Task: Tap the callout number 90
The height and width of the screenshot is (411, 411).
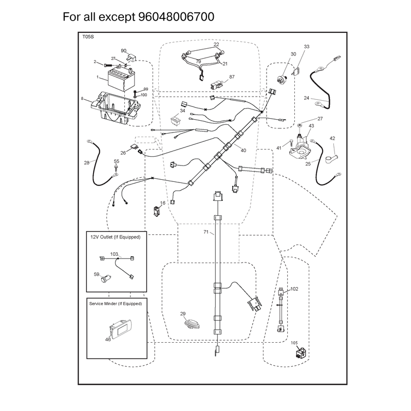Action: (123, 50)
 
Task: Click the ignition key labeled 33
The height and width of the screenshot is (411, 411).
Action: (297, 72)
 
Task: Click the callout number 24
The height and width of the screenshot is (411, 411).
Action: (306, 98)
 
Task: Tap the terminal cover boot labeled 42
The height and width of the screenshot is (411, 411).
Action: (331, 159)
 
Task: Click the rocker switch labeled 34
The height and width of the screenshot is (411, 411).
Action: (176, 120)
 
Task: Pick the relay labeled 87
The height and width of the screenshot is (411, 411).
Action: (216, 85)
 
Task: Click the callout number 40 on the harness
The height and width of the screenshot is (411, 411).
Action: (243, 150)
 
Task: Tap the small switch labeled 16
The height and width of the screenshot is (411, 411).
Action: (157, 211)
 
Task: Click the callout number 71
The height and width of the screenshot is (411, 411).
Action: (206, 232)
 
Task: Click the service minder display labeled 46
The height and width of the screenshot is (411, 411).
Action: (120, 328)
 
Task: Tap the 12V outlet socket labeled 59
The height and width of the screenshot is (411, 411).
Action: (106, 278)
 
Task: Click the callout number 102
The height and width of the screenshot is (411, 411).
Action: (294, 289)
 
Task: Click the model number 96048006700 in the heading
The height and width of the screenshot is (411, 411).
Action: (176, 17)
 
